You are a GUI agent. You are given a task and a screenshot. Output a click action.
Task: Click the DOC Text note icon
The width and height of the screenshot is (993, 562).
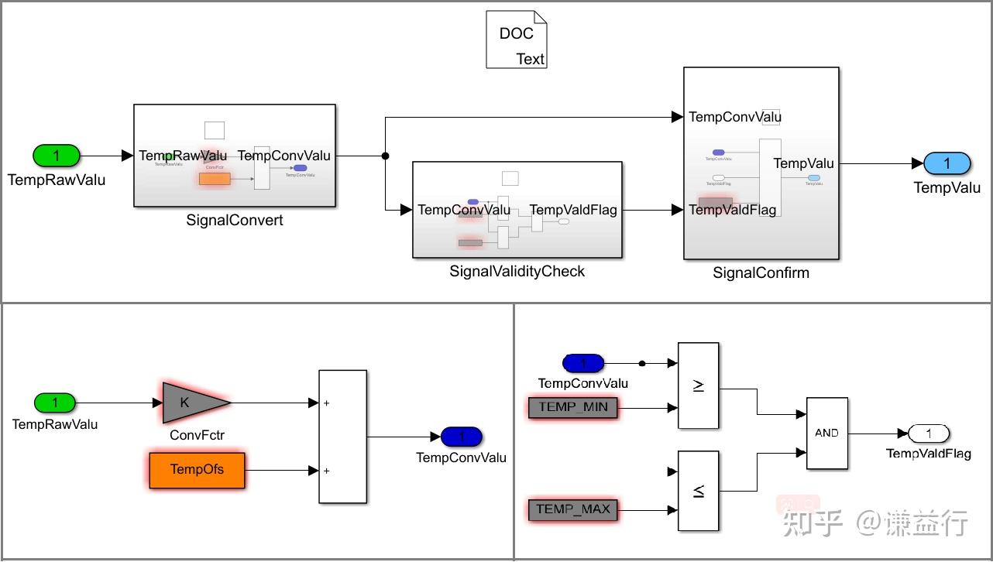coord(517,39)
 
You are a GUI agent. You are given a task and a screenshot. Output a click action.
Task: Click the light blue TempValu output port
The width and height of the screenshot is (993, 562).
coord(947,163)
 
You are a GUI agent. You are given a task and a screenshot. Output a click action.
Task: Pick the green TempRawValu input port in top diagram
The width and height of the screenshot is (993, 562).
coord(56,156)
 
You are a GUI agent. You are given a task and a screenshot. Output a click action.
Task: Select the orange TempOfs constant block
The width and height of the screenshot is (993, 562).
coord(197,470)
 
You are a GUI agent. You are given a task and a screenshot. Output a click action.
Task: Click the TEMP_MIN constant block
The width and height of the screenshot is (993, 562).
coord(572,408)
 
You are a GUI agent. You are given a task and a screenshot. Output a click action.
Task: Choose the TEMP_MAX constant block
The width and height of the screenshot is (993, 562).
coord(572,510)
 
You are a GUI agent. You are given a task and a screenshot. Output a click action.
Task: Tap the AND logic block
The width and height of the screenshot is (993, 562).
coord(826,433)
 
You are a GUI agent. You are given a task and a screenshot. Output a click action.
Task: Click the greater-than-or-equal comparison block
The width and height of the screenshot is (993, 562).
coord(698,386)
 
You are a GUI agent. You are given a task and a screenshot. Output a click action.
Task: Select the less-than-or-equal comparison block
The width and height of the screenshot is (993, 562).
coord(698,491)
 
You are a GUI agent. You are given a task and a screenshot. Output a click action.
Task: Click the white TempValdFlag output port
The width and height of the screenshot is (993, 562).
coord(929,433)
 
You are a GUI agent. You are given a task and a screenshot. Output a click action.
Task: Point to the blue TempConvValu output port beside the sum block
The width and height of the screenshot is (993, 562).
coord(462,437)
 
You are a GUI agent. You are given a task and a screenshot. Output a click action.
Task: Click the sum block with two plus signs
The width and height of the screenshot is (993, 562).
coord(342,437)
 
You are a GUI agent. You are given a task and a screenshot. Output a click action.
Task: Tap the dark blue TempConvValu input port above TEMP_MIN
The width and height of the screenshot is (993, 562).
coord(583,363)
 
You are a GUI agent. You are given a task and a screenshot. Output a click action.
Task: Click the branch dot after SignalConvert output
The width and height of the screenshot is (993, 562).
coord(386,156)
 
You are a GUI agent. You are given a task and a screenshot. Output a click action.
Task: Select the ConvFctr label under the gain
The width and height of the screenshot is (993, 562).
coord(197,435)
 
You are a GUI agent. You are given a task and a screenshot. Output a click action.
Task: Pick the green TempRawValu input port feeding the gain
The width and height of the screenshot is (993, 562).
coord(55,403)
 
